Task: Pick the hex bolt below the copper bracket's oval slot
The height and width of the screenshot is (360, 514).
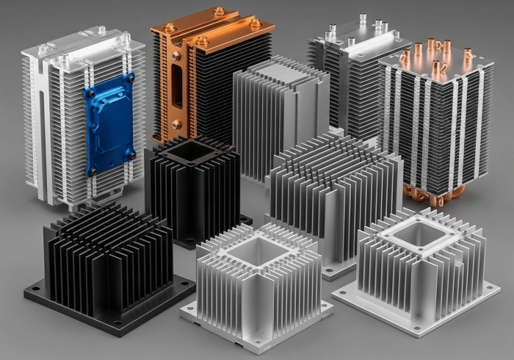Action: pos(176,124)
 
